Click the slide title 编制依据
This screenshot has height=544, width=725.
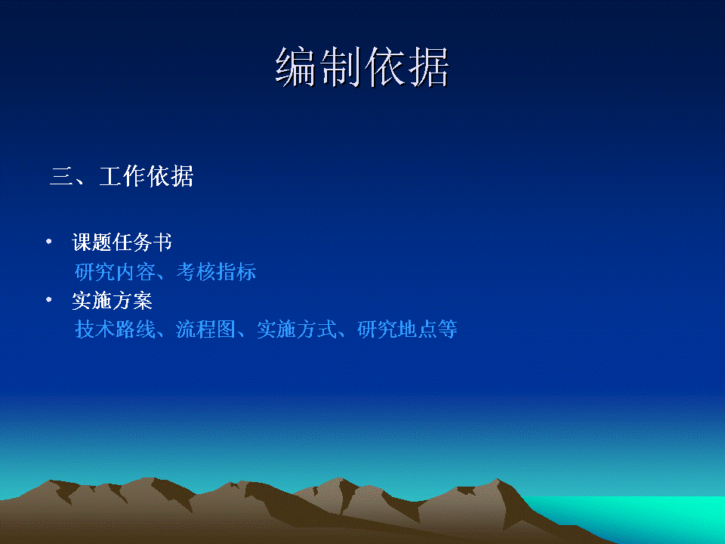click(362, 67)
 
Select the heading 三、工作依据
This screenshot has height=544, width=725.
click(121, 176)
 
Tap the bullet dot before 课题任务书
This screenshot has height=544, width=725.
click(49, 241)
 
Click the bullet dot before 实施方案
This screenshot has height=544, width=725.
click(49, 300)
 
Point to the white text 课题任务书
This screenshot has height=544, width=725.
click(122, 242)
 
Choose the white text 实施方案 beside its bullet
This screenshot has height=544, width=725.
click(112, 301)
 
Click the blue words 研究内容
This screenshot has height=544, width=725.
click(115, 271)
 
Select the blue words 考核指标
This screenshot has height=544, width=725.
click(217, 271)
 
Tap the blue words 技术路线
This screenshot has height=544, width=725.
click(115, 329)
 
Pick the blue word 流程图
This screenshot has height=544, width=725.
click(206, 329)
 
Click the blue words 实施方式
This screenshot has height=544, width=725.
click(297, 329)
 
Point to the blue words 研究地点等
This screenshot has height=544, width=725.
click(407, 329)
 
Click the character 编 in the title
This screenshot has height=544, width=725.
click(296, 67)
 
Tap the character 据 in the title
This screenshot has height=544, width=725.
click(429, 67)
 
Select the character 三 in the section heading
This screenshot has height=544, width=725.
click(61, 176)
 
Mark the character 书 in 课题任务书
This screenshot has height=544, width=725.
click(163, 242)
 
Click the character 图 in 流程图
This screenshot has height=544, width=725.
click(227, 329)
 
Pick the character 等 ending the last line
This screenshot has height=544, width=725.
click(448, 329)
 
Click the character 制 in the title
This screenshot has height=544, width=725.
click(340, 67)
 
